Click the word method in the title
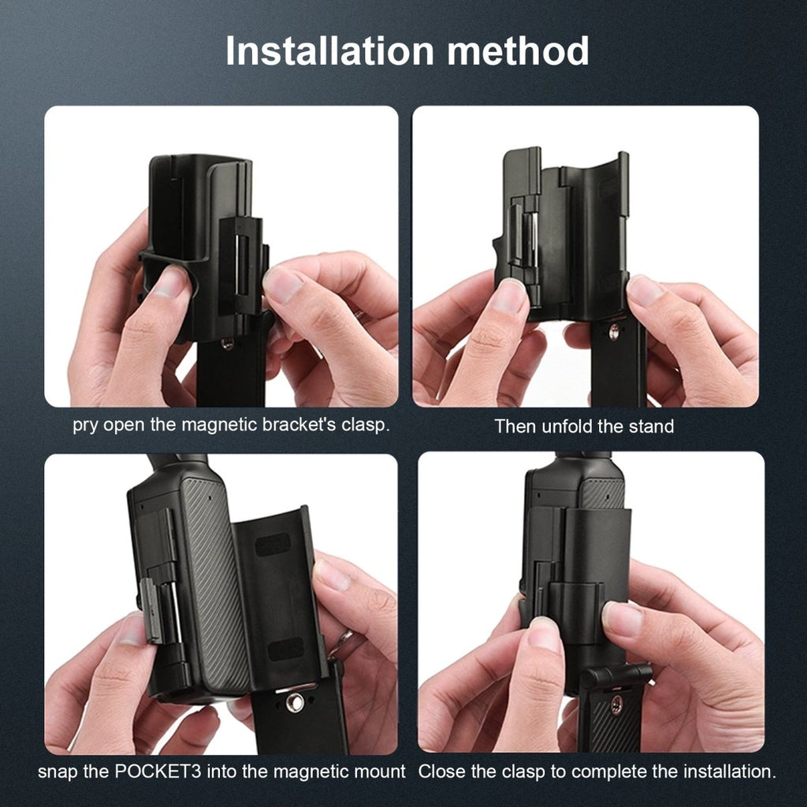pyautogui.click(x=518, y=51)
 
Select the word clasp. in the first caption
pyautogui.click(x=366, y=425)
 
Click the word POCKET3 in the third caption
pyautogui.click(x=158, y=772)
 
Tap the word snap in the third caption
pyautogui.click(x=58, y=772)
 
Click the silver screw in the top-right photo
pyautogui.click(x=613, y=332)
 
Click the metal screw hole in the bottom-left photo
pyautogui.click(x=295, y=702)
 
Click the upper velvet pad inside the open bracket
pyautogui.click(x=272, y=545)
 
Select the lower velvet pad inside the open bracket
pyautogui.click(x=286, y=649)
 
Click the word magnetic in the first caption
pyautogui.click(x=219, y=425)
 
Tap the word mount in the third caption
pyautogui.click(x=381, y=772)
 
